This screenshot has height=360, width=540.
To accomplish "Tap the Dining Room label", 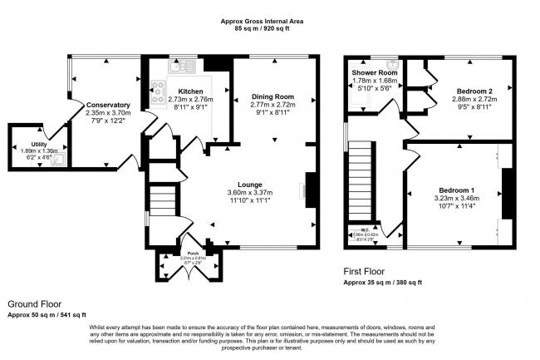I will (273, 96).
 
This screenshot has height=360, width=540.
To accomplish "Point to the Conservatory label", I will (108, 105).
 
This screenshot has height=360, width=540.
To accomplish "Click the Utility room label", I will (27, 144).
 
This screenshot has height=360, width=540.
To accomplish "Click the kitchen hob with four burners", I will (157, 93).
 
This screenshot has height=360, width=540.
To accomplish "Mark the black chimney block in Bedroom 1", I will (505, 193).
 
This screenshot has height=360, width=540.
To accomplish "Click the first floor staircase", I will (360, 179).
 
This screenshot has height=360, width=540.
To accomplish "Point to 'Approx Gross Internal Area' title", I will (270, 22).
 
